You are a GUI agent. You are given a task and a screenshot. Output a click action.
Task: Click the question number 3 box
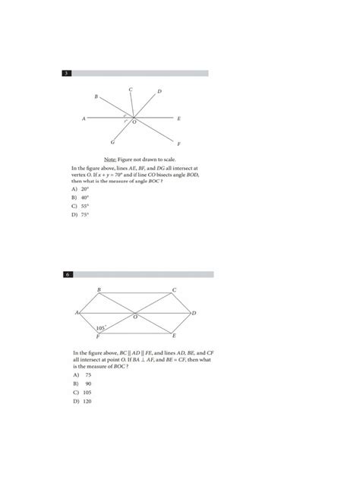(68, 73)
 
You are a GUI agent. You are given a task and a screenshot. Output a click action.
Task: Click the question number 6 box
(68, 273)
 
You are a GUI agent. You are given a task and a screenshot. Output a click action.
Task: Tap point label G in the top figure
(112, 142)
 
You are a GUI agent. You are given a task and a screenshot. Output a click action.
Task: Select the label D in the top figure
(159, 91)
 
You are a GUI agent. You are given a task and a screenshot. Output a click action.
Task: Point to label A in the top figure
(84, 118)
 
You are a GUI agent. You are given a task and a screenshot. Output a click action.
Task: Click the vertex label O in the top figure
(134, 122)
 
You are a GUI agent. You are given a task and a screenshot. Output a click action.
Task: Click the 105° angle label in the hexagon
(100, 328)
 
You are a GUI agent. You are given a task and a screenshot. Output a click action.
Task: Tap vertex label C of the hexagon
(174, 290)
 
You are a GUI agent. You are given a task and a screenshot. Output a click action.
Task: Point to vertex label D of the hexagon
(194, 313)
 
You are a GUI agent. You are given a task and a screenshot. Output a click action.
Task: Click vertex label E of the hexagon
(174, 335)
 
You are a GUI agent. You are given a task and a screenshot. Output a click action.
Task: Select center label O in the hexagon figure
(135, 317)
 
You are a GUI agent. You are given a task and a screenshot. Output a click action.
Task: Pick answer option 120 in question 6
(87, 401)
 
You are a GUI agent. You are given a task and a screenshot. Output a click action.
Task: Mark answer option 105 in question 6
(87, 393)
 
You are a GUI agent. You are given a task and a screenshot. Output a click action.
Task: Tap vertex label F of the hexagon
(98, 336)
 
